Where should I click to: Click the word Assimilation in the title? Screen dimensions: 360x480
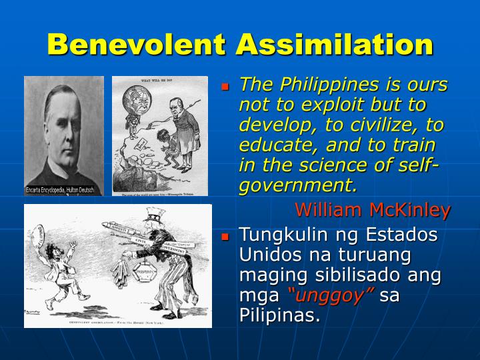(x=335, y=45)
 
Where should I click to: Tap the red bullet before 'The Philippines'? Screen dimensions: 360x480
(x=225, y=87)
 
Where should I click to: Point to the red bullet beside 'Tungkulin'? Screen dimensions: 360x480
(x=225, y=237)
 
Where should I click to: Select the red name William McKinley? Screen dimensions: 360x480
(x=373, y=211)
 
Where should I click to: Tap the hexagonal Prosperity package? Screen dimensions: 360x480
(x=142, y=275)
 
